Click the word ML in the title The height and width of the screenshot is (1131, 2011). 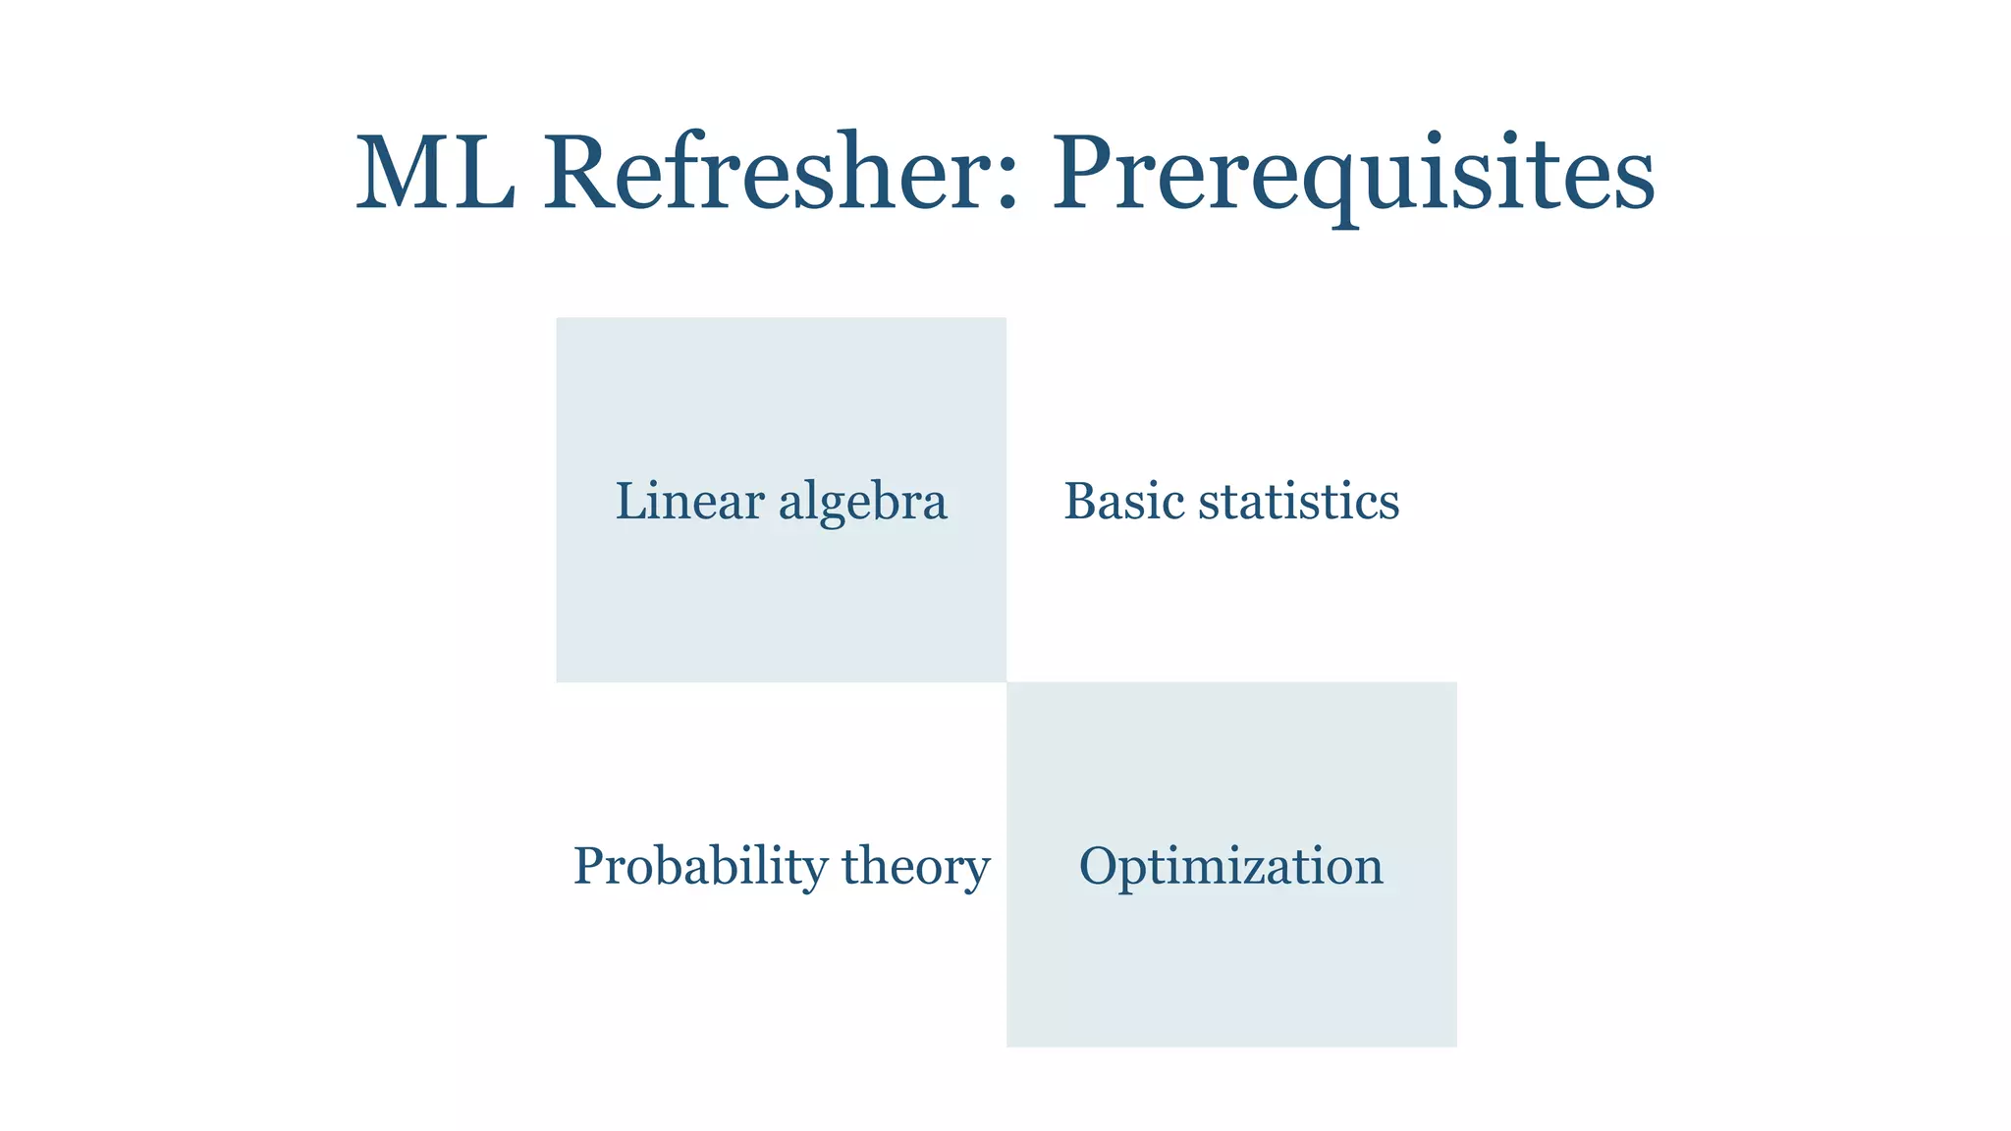[x=435, y=173]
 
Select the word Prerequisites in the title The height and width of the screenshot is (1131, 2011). [x=1353, y=175]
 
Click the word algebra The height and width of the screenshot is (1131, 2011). [x=863, y=503]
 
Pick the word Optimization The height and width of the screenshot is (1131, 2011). [x=1230, y=866]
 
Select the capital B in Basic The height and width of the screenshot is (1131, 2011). [x=1081, y=501]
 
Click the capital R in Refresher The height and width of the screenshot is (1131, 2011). [x=583, y=173]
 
